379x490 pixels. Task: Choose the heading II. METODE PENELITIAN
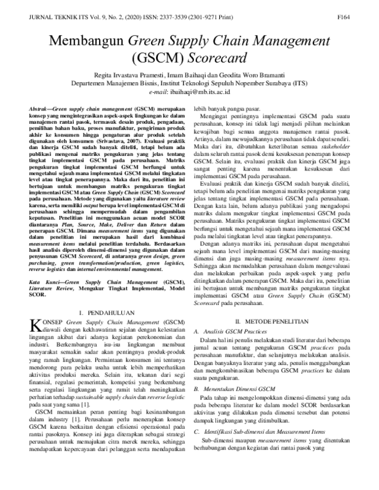(x=272, y=321)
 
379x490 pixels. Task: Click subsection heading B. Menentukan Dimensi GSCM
(x=238, y=390)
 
